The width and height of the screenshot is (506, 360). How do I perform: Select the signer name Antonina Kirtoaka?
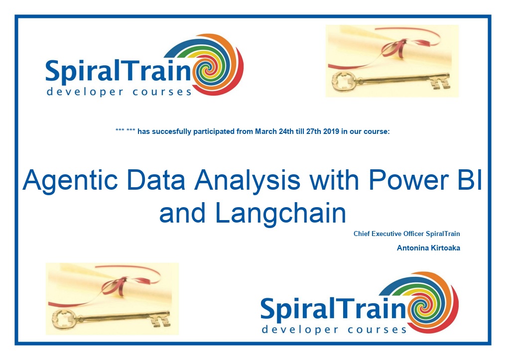pos(428,248)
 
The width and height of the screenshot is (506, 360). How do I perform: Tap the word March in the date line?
pos(263,131)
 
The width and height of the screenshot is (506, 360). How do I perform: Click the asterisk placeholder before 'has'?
pos(125,130)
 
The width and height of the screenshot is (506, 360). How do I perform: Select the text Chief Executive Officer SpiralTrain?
pos(406,234)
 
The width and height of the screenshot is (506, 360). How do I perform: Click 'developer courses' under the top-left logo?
pos(120,92)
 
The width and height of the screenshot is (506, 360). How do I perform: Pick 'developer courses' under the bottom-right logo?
pos(334,330)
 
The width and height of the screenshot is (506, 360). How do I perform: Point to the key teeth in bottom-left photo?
pos(162,319)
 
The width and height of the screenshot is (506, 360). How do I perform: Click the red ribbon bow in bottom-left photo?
pos(116,285)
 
